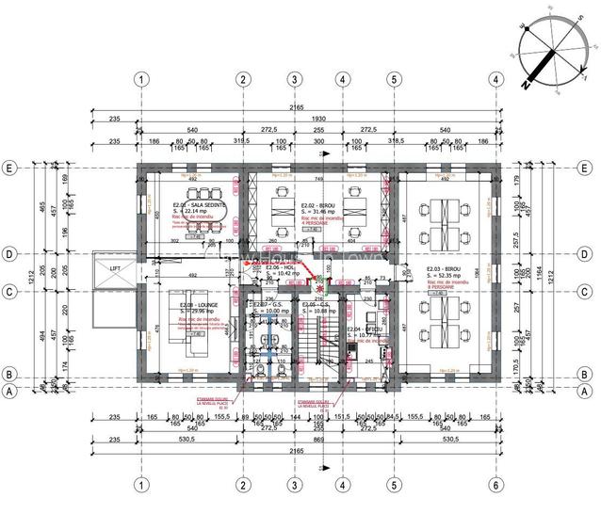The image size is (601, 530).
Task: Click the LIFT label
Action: point(115,268)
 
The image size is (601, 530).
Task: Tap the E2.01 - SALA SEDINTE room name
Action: point(194,204)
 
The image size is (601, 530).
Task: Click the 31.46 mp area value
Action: point(316,212)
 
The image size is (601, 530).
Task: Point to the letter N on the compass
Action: point(527,83)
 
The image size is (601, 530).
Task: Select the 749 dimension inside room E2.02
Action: point(319,179)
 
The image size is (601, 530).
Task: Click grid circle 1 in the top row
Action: point(140,79)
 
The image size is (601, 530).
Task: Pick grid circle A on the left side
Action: point(12,391)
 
